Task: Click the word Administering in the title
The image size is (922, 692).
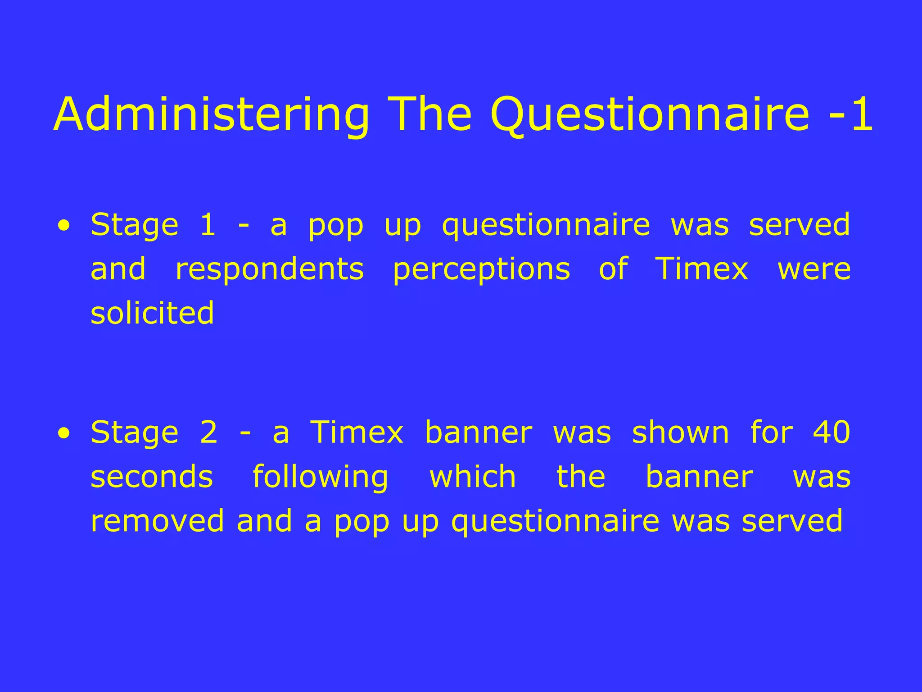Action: click(x=212, y=115)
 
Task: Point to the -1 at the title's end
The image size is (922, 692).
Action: click(x=850, y=115)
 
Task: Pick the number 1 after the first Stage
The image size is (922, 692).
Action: click(x=208, y=224)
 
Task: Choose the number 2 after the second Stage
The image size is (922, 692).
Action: click(x=208, y=432)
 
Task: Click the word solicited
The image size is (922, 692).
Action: click(x=152, y=313)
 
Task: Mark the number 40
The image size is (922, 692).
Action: click(x=832, y=432)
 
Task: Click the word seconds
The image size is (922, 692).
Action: click(x=152, y=477)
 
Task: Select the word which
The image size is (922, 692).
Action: click(x=473, y=476)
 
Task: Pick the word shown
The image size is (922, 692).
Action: click(x=680, y=432)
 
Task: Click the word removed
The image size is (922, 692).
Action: click(x=157, y=520)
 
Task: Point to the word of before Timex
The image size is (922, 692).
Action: click(x=613, y=269)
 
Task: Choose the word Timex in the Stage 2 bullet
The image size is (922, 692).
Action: click(x=357, y=432)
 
